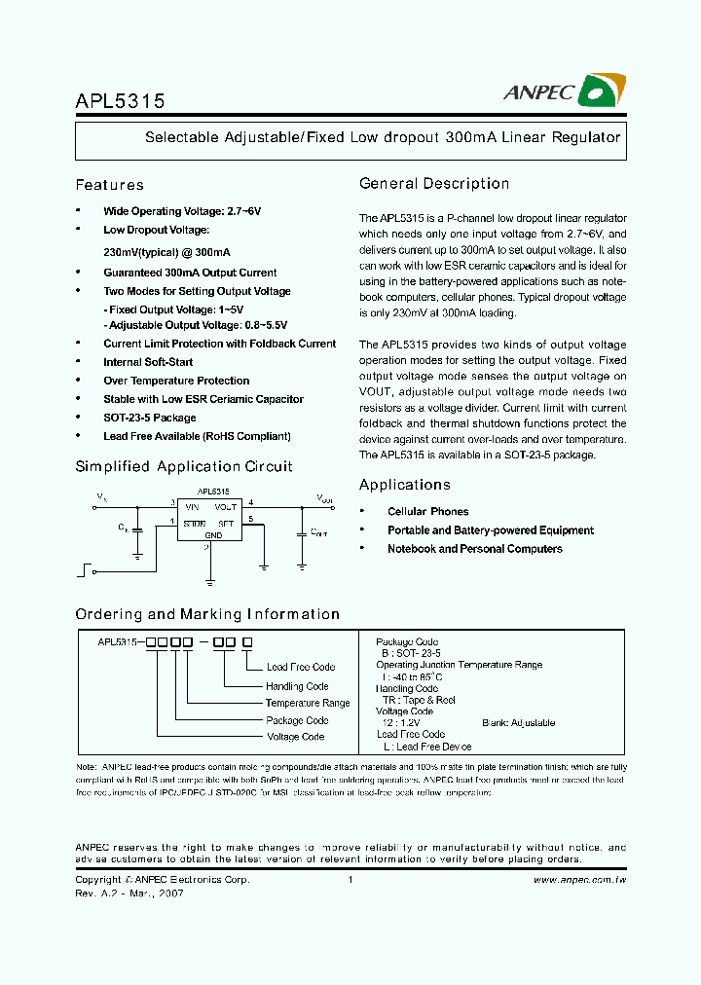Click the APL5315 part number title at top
pos(120,100)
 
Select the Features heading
pos(109,185)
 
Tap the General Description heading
pos(434,184)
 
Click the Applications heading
pos(404,485)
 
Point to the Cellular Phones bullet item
pos(427,512)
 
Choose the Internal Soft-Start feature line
pos(148,362)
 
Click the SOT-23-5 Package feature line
pos(149,418)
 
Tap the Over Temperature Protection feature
pos(176,381)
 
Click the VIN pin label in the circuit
pos(192,507)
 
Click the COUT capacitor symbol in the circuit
pos(301,532)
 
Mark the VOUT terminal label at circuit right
pos(324,498)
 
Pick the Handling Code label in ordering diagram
pos(297,686)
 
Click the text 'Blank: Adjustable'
pos(518,723)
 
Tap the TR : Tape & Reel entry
pos(419,700)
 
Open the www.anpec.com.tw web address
pos(580,880)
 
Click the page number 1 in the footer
pos(350,880)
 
